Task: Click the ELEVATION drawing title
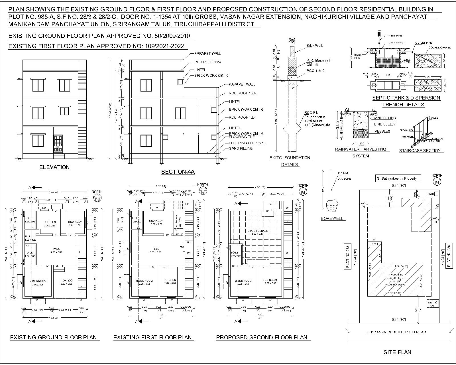(54, 167)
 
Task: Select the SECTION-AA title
(178, 172)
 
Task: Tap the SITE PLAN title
(397, 352)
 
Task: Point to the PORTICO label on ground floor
(67, 281)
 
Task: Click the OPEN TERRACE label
(258, 231)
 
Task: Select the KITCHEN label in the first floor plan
(170, 280)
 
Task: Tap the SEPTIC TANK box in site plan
(432, 304)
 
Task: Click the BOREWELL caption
(332, 219)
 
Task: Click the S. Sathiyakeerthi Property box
(397, 179)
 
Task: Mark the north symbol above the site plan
(437, 182)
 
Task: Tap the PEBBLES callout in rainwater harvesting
(382, 131)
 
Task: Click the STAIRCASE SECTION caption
(420, 151)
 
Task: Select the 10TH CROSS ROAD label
(396, 332)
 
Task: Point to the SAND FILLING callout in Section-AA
(241, 149)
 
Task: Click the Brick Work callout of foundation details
(315, 46)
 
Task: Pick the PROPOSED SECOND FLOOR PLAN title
(262, 338)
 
